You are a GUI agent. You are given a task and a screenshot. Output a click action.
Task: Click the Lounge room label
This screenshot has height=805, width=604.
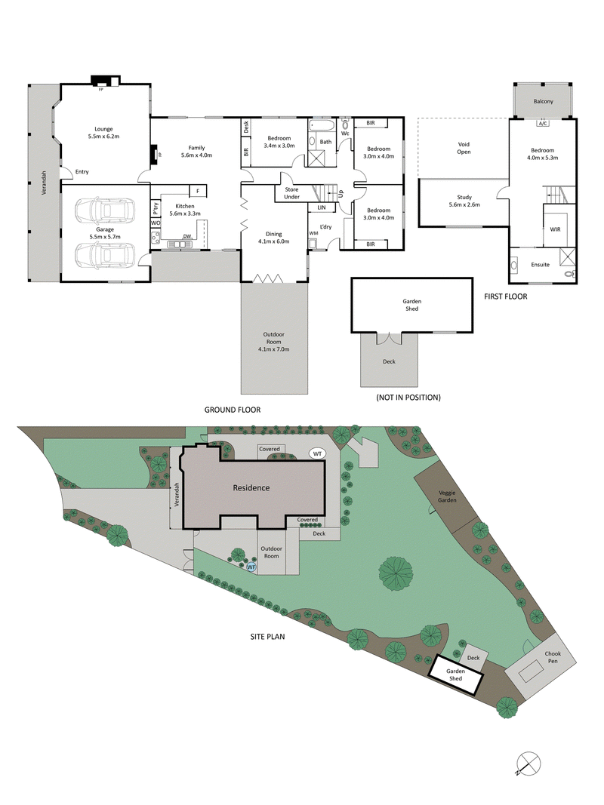point(103,128)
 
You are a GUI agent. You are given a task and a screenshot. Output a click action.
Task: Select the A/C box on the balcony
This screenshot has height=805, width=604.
point(542,123)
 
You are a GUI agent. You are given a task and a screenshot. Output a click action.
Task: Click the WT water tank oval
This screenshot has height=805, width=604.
point(317,453)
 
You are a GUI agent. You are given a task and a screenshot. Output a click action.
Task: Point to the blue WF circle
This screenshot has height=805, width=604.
point(252,566)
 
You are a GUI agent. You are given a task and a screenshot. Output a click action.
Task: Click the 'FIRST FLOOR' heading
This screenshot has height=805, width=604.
point(506,296)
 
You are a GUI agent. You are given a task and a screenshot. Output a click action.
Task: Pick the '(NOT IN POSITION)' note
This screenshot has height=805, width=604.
point(408,397)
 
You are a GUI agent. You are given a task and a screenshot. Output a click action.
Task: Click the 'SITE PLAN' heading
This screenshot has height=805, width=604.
point(267,636)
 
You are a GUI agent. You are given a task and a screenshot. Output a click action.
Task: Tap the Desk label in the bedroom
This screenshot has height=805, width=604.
point(247,128)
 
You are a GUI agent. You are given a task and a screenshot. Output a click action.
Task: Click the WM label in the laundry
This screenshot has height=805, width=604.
point(313,234)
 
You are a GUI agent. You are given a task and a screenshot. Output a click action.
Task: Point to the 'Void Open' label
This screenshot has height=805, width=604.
point(464,147)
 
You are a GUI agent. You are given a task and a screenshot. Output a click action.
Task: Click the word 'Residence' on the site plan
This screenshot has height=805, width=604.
point(251,487)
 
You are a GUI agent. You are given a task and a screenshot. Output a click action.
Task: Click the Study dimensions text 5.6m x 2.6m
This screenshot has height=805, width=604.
point(464,204)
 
